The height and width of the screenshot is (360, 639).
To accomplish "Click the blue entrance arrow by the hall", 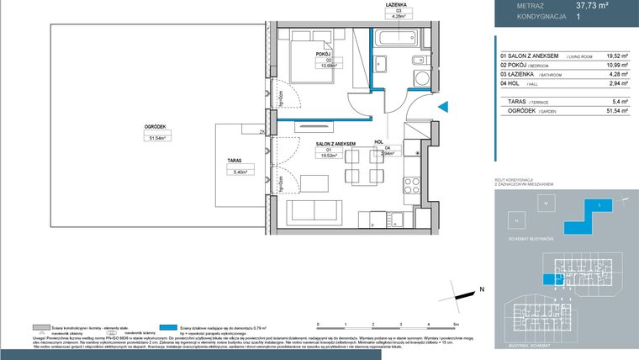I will point(446,106).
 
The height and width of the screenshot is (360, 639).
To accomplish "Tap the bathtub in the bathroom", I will point(396,40).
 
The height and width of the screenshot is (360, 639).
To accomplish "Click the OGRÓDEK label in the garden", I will point(154,127).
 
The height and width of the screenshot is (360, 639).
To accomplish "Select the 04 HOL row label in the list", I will point(515,84).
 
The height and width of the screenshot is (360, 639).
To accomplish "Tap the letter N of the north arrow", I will point(482,289).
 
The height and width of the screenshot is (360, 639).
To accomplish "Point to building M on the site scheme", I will point(546,204).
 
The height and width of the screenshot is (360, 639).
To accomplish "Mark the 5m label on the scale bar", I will point(455,323).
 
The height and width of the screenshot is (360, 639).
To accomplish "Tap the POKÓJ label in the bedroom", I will point(321,54).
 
